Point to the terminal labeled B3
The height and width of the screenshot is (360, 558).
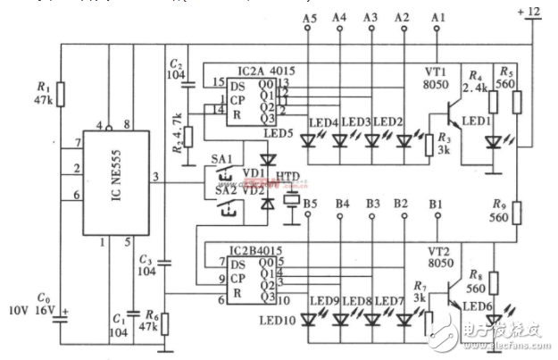coord(373,205)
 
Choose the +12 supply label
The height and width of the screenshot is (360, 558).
coord(529,11)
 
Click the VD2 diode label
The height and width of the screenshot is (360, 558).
coord(254,189)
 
